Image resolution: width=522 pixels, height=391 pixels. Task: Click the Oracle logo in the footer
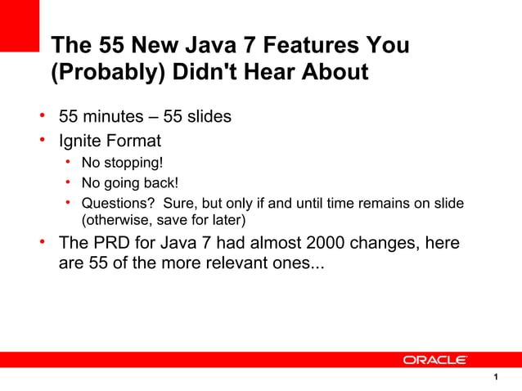434,360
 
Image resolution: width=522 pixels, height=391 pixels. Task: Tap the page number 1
497,377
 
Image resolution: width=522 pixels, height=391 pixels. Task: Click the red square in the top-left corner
19,25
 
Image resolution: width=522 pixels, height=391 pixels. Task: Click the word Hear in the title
263,73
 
